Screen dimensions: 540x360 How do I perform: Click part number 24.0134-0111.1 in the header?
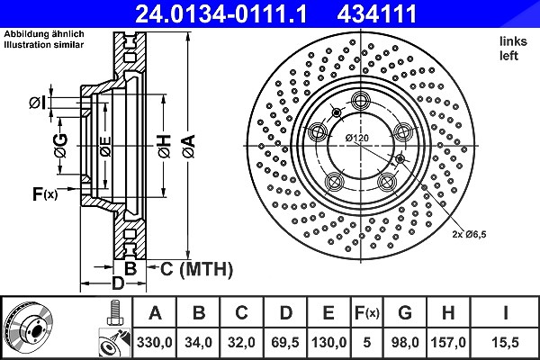pyautogui.click(x=220, y=13)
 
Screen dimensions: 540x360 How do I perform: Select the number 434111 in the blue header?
pyautogui.click(x=377, y=13)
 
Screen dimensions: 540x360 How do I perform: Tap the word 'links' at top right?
pyautogui.click(x=513, y=41)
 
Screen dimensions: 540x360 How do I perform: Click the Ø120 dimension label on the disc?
pyautogui.click(x=357, y=138)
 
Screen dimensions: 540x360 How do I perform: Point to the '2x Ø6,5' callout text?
pyautogui.click(x=469, y=235)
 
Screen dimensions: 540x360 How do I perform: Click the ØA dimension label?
pyautogui.click(x=189, y=146)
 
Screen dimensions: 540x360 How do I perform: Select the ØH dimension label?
pyautogui.click(x=165, y=146)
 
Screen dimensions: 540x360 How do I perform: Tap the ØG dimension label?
pyautogui.click(x=60, y=146)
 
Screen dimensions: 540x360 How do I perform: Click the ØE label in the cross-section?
pyautogui.click(x=105, y=147)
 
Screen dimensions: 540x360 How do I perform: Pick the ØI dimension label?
pyautogui.click(x=37, y=103)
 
